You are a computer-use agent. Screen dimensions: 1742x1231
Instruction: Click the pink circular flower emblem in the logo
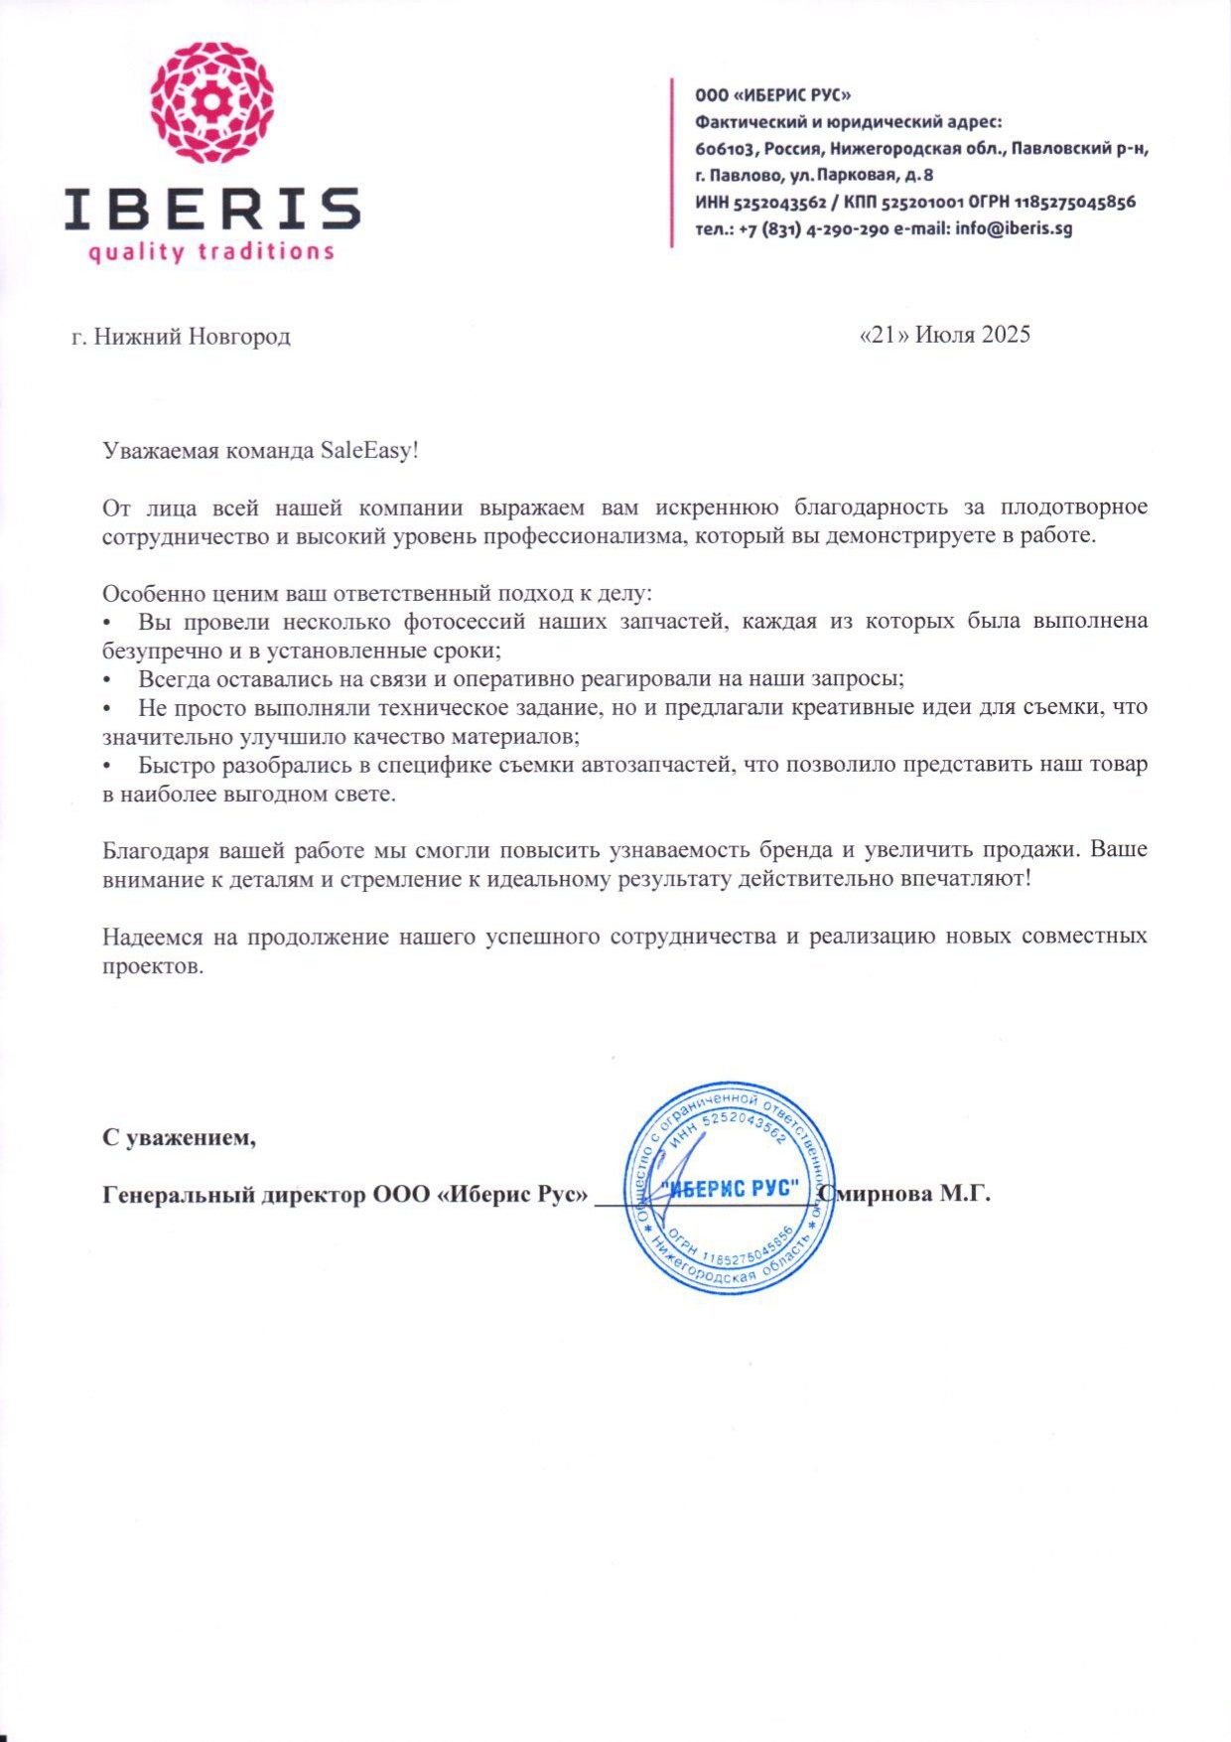212,102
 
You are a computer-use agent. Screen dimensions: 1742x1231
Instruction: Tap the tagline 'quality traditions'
211,251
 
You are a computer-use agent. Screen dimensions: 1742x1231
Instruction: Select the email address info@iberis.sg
1014,228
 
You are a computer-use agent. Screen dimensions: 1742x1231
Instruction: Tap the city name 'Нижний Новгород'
192,337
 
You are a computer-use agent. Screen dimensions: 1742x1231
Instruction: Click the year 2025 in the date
1006,334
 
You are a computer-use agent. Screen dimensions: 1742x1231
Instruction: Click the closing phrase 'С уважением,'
180,1137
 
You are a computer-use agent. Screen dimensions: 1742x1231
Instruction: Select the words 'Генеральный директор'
234,1194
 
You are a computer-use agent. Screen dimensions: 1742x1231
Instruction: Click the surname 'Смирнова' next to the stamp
877,1194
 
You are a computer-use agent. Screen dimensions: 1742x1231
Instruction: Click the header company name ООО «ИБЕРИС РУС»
772,95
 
